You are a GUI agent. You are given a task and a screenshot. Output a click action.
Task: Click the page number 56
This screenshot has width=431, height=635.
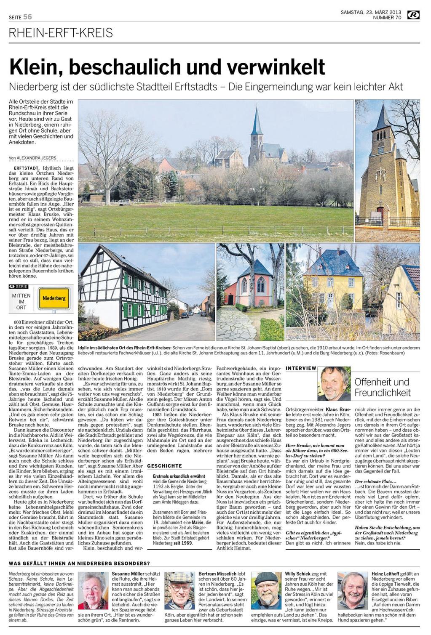(x=27, y=17)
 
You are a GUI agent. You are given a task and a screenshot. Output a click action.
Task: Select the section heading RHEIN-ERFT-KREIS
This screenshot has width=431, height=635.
(x=62, y=33)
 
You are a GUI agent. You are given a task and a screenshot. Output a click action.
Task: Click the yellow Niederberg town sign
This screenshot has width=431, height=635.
(x=54, y=298)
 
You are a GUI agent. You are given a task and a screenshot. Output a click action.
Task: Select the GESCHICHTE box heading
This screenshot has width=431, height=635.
(x=165, y=466)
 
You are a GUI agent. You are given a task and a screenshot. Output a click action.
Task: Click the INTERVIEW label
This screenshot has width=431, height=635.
(x=301, y=368)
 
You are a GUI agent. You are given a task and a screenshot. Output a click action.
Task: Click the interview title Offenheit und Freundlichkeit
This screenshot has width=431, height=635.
(x=382, y=387)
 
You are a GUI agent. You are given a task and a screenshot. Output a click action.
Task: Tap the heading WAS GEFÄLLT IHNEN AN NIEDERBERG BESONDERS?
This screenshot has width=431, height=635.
(x=79, y=563)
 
